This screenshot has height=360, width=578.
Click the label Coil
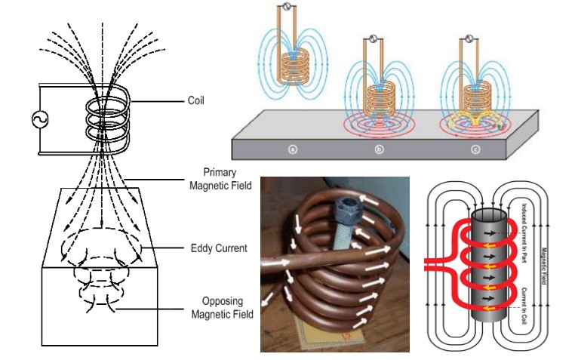click(195, 100)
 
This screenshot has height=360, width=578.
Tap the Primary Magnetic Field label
click(220, 179)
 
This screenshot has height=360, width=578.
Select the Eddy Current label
click(219, 248)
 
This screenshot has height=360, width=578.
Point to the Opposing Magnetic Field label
click(223, 308)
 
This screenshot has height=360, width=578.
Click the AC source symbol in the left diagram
click(40, 119)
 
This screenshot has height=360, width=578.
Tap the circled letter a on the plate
click(293, 149)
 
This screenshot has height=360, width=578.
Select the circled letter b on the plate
click(380, 149)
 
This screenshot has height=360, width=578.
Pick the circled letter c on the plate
click(475, 149)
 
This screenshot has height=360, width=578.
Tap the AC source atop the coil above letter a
click(287, 6)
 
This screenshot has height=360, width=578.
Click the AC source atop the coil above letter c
click(469, 38)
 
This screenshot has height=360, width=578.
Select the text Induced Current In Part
click(524, 233)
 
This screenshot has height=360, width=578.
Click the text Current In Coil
click(524, 306)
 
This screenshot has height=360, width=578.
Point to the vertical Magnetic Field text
click(543, 266)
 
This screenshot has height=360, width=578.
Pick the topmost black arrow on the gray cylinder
click(490, 233)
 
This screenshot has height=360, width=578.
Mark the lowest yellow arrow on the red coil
click(489, 308)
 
